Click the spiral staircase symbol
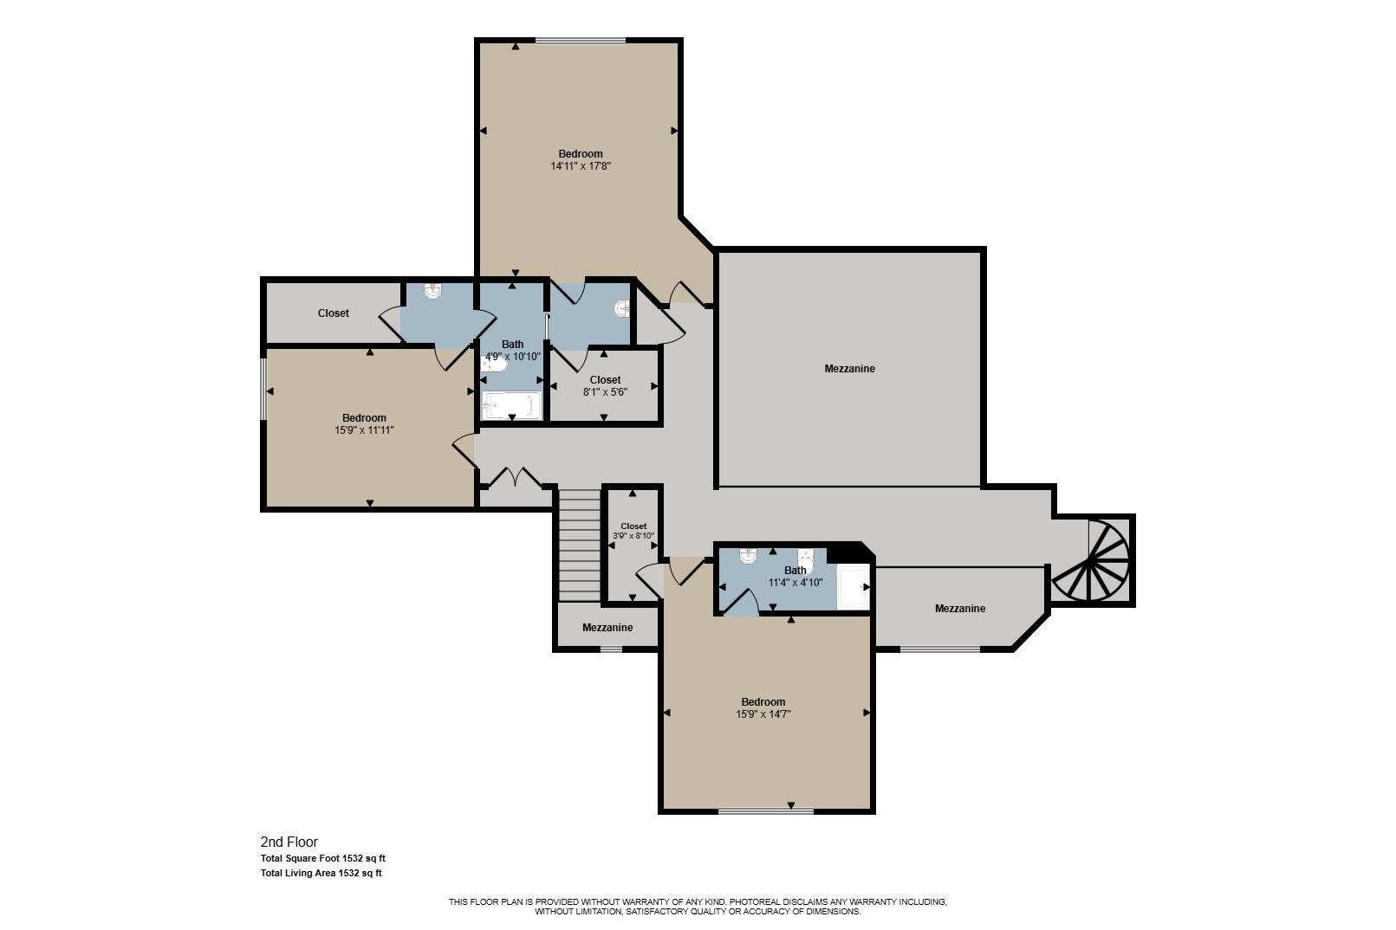[x=1091, y=560]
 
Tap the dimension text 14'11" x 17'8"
[x=581, y=166]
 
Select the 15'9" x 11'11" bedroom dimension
[x=364, y=429]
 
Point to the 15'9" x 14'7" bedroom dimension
[x=763, y=714]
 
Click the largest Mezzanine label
[x=849, y=369]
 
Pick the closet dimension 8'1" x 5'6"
[x=605, y=391]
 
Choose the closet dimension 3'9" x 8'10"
[x=633, y=536]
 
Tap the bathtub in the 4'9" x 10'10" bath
[x=511, y=405]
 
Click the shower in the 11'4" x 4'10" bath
[x=852, y=587]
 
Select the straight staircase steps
[x=579, y=545]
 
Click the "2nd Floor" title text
[x=289, y=843]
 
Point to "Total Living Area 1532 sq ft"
[x=321, y=873]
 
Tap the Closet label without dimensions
[x=334, y=313]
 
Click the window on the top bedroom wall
[x=581, y=41]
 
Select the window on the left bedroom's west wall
[x=263, y=389]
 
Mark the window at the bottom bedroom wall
[x=766, y=811]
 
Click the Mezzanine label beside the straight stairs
[x=607, y=627]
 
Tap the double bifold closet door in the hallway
[x=515, y=477]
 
